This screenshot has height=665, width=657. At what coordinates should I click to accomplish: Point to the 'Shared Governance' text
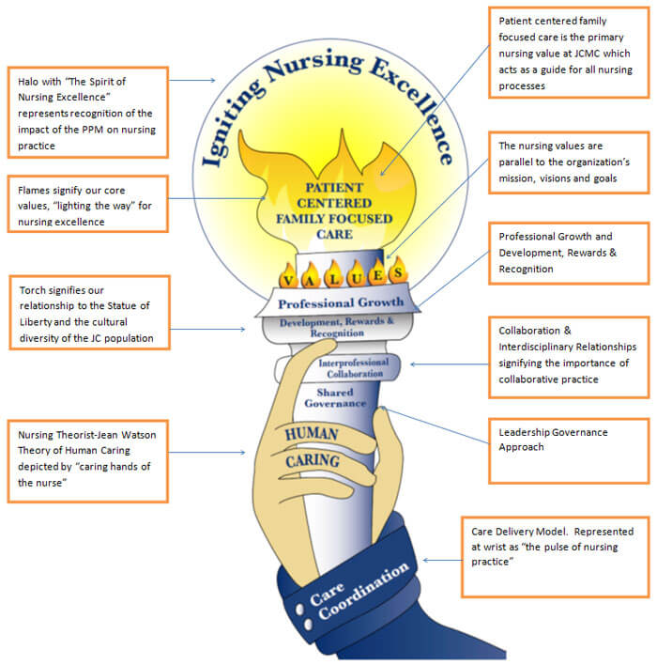[335, 397]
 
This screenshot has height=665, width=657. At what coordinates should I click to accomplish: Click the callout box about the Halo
[86, 112]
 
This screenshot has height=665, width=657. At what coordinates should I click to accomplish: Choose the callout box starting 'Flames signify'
[86, 201]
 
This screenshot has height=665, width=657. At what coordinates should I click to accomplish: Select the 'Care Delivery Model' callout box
[554, 554]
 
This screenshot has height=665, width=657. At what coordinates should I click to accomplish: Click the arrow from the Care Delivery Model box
[441, 560]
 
